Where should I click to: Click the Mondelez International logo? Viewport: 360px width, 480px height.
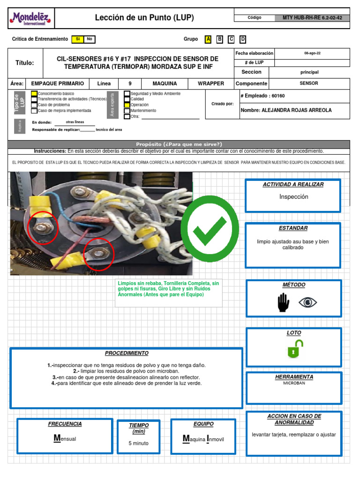(x=31, y=19)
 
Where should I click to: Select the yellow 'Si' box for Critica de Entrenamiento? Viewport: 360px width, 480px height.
(x=78, y=39)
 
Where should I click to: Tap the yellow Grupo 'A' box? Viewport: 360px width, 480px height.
(x=208, y=39)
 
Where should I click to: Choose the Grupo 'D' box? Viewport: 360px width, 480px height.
(x=243, y=39)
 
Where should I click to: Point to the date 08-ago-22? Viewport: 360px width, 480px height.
(x=312, y=53)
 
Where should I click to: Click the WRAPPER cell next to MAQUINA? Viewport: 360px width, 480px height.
(x=211, y=83)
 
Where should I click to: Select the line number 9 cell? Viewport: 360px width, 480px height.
(x=130, y=83)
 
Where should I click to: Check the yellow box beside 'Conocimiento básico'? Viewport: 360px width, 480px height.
(x=34, y=94)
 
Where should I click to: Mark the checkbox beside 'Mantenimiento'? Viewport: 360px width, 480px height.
(x=127, y=111)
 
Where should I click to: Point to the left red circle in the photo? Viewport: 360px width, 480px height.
(x=42, y=228)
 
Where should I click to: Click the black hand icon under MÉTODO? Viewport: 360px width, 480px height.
(x=284, y=302)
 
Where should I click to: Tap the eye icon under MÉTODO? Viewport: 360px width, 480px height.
(x=307, y=302)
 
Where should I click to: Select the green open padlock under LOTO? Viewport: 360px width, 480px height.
(x=295, y=349)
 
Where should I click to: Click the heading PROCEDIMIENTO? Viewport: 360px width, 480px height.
(x=127, y=353)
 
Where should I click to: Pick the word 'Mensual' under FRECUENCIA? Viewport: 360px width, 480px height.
(x=65, y=439)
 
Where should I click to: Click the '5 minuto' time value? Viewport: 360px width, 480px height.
(x=138, y=443)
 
